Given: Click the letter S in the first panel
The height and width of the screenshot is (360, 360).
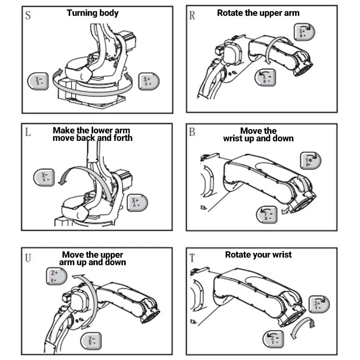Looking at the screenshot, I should [28, 16].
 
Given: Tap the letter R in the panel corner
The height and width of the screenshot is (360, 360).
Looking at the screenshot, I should [192, 16].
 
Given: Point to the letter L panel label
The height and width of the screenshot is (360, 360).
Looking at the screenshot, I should [28, 133].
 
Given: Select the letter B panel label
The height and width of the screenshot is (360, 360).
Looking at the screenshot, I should [192, 132].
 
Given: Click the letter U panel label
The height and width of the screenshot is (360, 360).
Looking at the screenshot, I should [28, 258].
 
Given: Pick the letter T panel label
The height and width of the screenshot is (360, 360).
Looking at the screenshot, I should [192, 258].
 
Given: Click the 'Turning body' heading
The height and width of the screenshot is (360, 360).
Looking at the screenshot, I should [93, 13].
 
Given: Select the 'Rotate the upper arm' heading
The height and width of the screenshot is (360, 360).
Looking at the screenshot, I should [258, 13].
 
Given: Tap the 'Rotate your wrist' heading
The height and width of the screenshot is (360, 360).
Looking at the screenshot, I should [258, 255].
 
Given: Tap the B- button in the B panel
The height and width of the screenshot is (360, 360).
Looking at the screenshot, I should [267, 215].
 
